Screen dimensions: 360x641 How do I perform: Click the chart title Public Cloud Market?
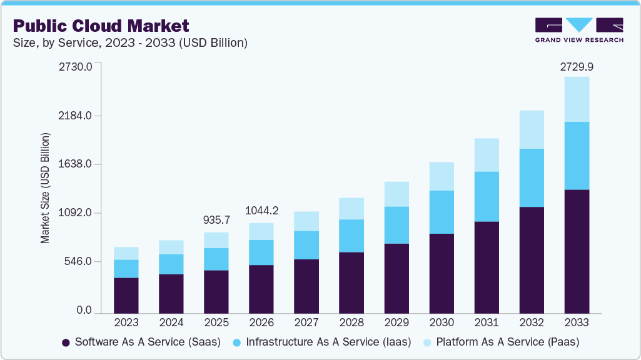click(x=101, y=26)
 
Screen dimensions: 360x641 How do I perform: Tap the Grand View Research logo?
click(x=579, y=29)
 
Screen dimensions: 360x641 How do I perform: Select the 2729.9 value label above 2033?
click(x=576, y=66)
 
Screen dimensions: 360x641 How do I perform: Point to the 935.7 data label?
click(x=216, y=220)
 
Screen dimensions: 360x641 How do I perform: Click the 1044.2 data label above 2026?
click(x=261, y=211)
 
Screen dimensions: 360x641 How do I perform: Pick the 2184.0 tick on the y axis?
click(x=75, y=116)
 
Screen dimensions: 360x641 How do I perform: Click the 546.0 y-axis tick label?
click(x=78, y=261)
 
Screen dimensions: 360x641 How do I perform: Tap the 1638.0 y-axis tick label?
click(x=75, y=164)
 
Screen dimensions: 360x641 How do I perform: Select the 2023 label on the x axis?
click(x=126, y=323)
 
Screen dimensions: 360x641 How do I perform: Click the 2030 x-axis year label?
click(x=442, y=323)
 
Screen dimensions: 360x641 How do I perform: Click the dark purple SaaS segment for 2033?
click(x=577, y=251)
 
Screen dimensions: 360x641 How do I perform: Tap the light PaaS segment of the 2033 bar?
click(x=577, y=99)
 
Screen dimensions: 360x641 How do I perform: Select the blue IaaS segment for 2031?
click(x=487, y=196)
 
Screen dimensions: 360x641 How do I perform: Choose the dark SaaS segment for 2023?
click(x=126, y=295)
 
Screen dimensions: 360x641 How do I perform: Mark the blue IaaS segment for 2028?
click(x=351, y=236)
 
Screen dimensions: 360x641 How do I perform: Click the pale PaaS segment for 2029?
click(x=396, y=194)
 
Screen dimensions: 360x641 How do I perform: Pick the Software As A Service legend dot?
click(x=66, y=342)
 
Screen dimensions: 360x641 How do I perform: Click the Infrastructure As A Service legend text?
click(x=328, y=342)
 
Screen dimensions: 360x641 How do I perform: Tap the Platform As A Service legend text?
click(x=507, y=342)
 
